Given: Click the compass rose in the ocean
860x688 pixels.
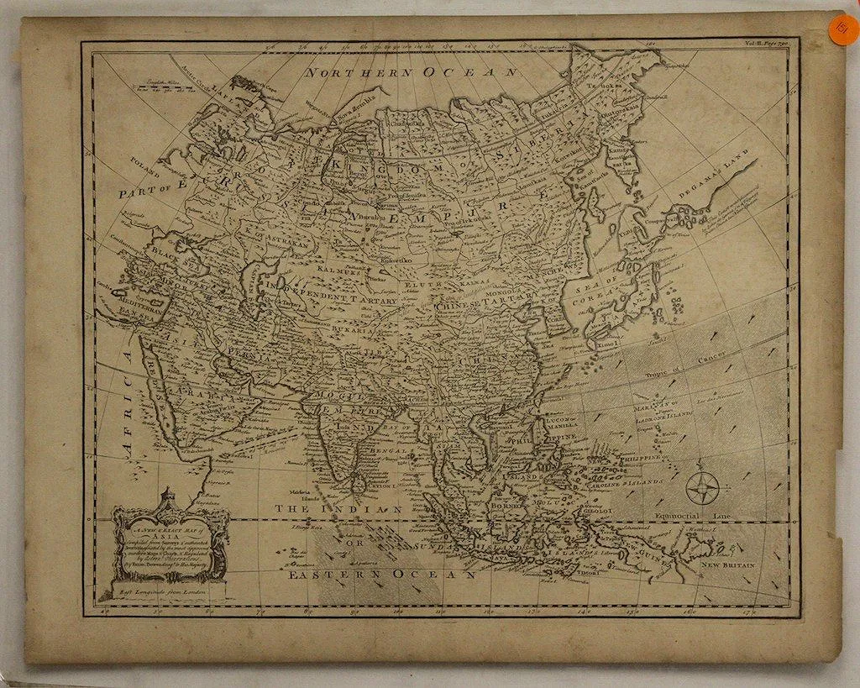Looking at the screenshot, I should (x=703, y=488).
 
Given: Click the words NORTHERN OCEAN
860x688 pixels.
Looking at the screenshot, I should (x=411, y=73).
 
